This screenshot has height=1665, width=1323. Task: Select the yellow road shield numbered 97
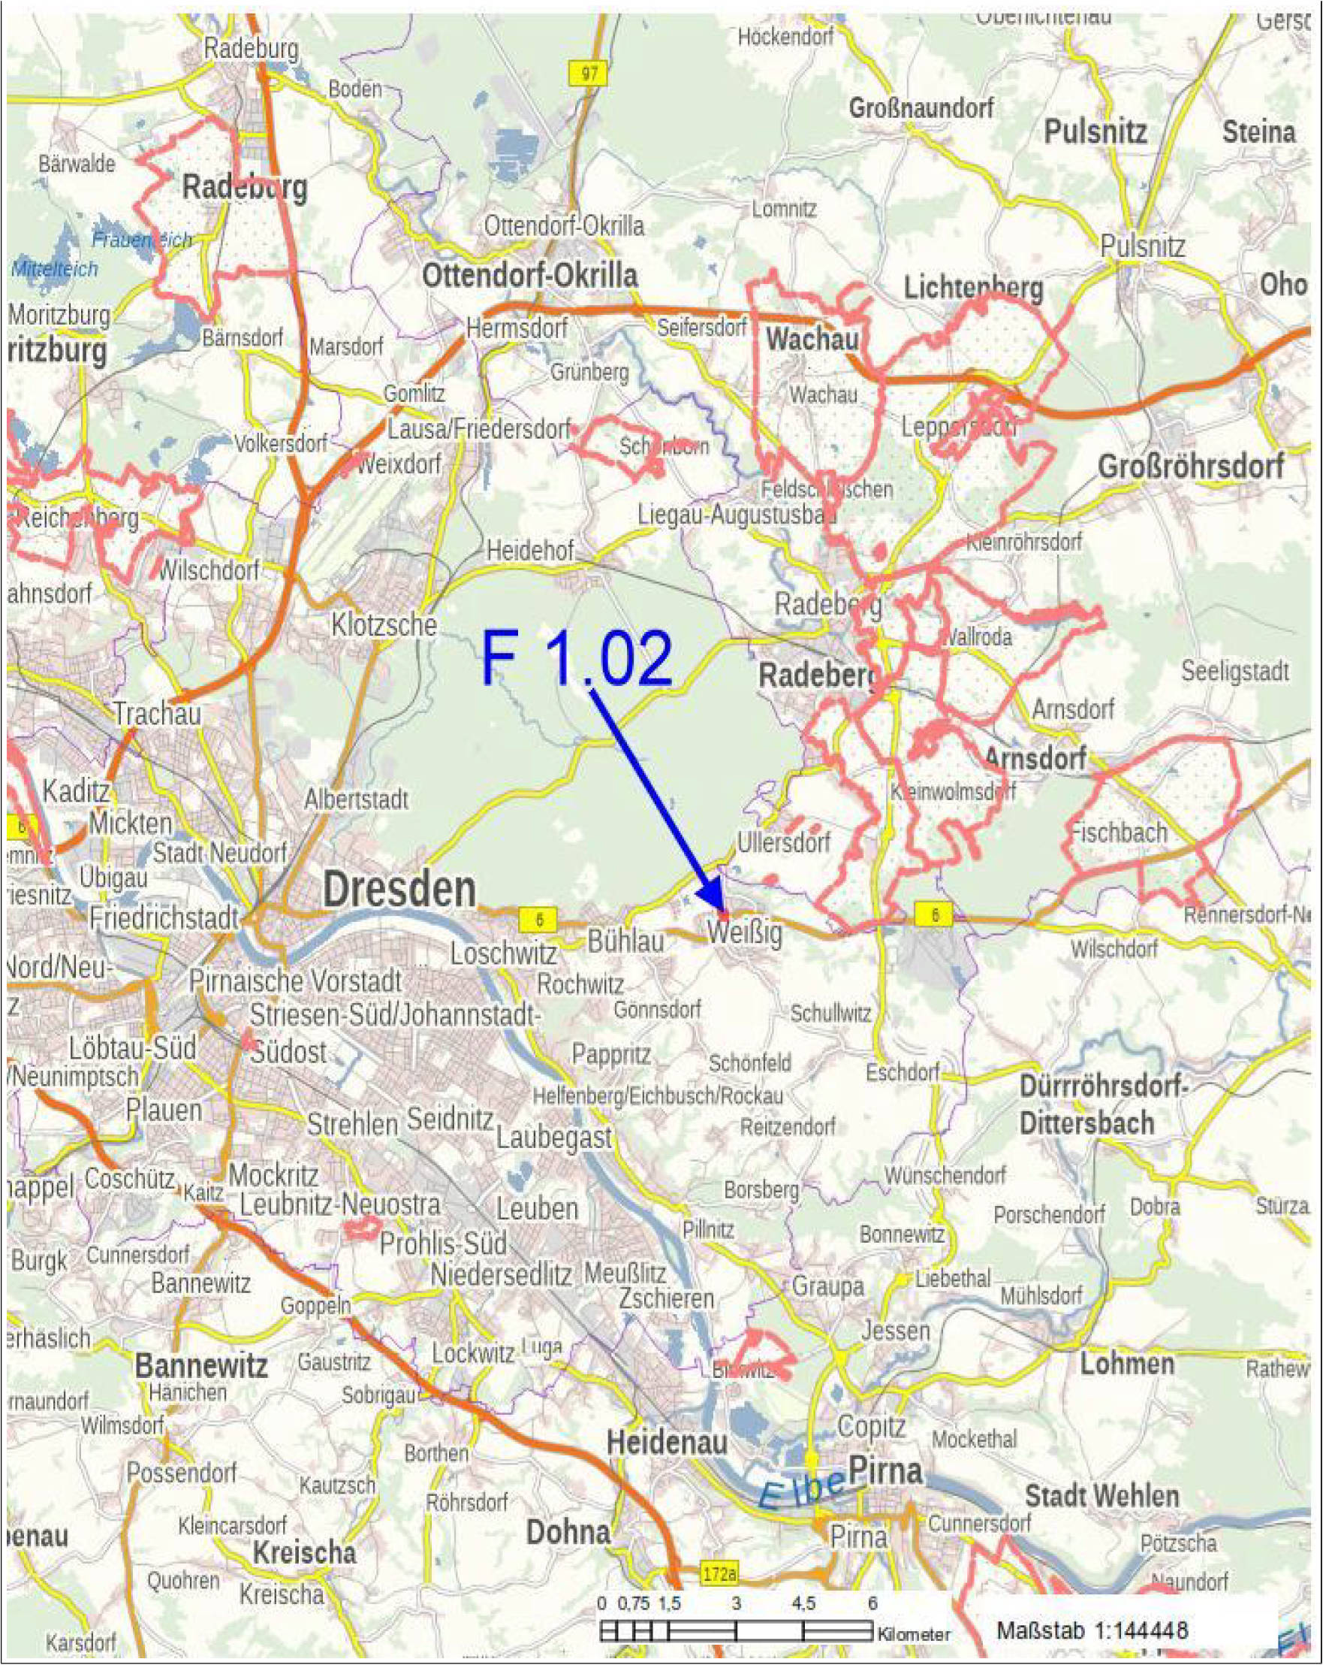pos(589,74)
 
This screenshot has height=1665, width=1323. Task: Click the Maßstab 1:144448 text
pos(1092,1630)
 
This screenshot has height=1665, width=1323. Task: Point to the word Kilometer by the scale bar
pos(914,1634)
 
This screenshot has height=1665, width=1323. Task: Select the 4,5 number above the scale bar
pos(803,1603)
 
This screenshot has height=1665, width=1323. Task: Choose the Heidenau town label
pos(667,1442)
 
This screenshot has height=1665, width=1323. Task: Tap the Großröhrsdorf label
pos(1191,467)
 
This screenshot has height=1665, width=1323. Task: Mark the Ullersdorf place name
pos(783,842)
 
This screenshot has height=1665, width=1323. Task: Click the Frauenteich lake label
pos(142,240)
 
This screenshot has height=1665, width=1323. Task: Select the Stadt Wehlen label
pos(1102,1496)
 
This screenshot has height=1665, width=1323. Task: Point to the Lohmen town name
pos(1126,1364)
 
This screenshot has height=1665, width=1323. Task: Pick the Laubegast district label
pos(554,1137)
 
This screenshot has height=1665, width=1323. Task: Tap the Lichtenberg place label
pos(973,289)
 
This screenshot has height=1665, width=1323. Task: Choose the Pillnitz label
pos(709,1228)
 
